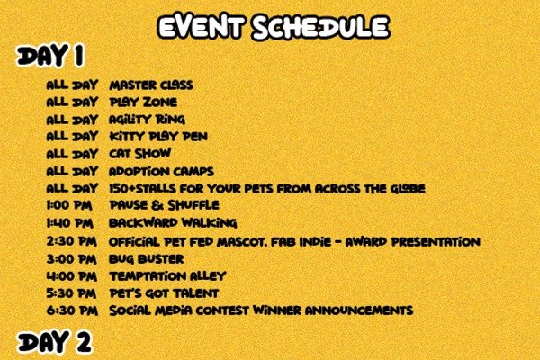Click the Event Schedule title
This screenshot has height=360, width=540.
[274, 27]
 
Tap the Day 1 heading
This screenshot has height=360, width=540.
[50, 55]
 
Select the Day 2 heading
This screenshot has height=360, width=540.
[54, 342]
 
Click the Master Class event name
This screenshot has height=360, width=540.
[151, 85]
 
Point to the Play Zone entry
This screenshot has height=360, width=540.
[143, 103]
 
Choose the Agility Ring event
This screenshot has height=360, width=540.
[147, 120]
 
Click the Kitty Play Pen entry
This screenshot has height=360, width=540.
[158, 137]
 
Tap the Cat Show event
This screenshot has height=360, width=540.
[139, 154]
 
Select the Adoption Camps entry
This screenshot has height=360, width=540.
[161, 171]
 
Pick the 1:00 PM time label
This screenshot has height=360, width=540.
[69, 206]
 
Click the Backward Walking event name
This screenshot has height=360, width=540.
[173, 223]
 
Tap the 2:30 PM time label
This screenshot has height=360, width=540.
[72, 241]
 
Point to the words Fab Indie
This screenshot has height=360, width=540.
[301, 242]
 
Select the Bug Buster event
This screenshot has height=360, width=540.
[146, 259]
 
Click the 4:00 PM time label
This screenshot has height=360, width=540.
[72, 276]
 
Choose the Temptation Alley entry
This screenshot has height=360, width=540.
[167, 276]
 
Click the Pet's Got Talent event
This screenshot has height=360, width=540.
[164, 293]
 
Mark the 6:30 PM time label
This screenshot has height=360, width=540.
[72, 310]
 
